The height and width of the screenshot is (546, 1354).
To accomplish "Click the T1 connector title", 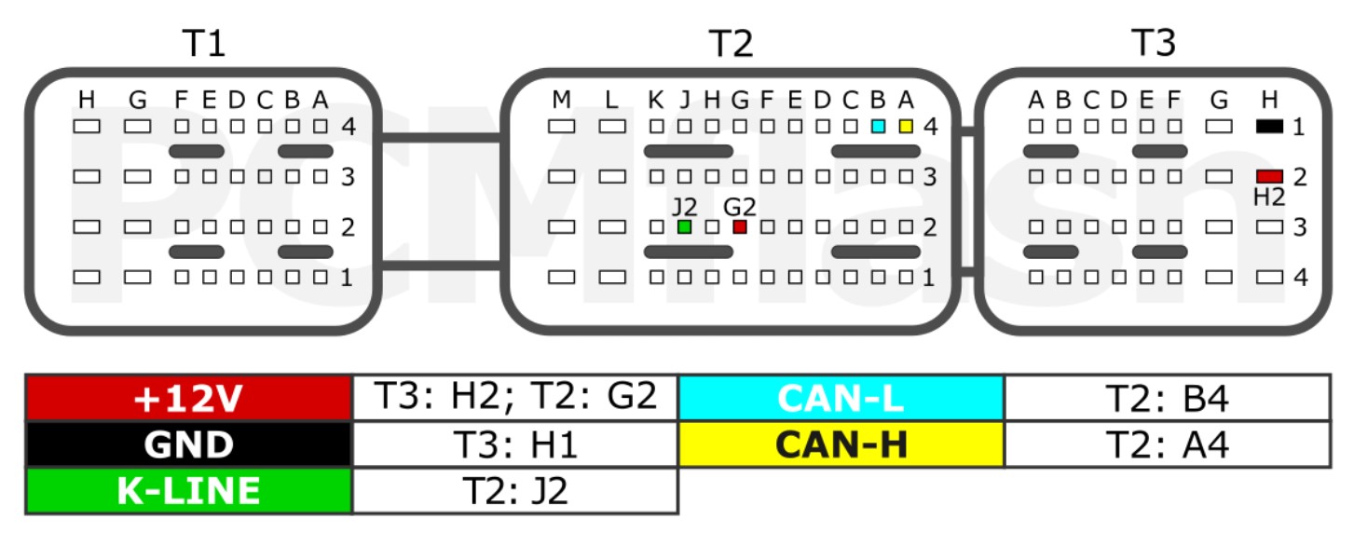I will tap(204, 43).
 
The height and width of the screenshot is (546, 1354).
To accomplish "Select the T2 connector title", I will tap(731, 43).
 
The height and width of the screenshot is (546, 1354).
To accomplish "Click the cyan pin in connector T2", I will tap(878, 126).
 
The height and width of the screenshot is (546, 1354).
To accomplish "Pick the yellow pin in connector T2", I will tap(906, 126).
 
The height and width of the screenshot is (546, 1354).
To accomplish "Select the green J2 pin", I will tap(685, 226).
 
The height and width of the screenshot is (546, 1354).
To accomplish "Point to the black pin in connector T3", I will tap(1269, 126).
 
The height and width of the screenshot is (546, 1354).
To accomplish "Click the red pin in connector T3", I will tap(1269, 176).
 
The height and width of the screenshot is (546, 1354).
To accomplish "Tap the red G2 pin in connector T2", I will tap(740, 226).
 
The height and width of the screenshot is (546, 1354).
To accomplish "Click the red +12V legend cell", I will tap(189, 398).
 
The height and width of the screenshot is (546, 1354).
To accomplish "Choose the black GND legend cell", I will tap(189, 444).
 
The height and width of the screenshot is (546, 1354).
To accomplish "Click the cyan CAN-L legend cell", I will tap(841, 398).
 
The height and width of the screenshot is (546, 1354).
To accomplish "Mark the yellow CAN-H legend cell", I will tap(841, 444).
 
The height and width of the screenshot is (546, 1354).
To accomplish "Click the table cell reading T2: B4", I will tap(1167, 398).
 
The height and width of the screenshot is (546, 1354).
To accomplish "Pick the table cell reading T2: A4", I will tap(1167, 444).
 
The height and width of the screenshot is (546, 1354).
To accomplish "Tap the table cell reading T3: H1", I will tap(514, 444).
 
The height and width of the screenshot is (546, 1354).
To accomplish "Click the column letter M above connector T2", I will tap(561, 100).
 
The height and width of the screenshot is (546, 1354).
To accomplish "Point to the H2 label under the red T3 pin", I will tap(1269, 197).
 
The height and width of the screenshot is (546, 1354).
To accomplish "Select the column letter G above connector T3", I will tap(1218, 100).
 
